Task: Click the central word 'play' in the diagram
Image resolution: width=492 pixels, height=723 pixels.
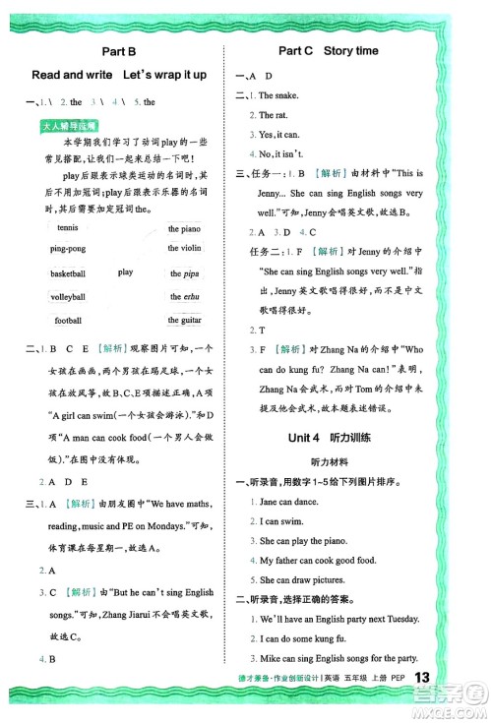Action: click(x=126, y=272)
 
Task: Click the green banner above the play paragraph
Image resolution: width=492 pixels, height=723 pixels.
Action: click(x=69, y=126)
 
